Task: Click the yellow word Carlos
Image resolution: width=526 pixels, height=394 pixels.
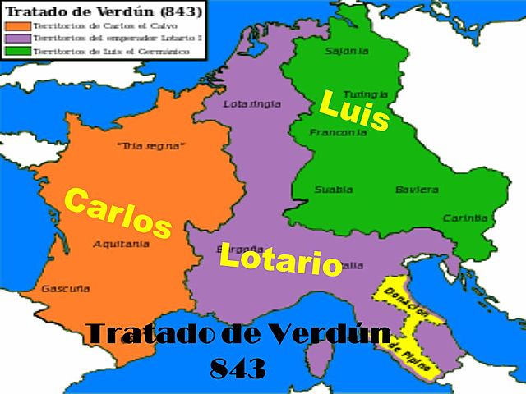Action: [117, 213]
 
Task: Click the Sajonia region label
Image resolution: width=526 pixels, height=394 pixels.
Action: [343, 51]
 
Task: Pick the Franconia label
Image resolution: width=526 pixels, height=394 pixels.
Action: [331, 132]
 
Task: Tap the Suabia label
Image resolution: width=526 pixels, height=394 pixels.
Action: [334, 190]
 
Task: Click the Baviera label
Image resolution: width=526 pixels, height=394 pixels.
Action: [417, 190]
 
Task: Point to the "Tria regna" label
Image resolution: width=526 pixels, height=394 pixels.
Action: [151, 146]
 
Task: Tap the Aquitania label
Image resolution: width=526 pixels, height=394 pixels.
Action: [121, 244]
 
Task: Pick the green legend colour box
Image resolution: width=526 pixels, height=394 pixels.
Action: [15, 52]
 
